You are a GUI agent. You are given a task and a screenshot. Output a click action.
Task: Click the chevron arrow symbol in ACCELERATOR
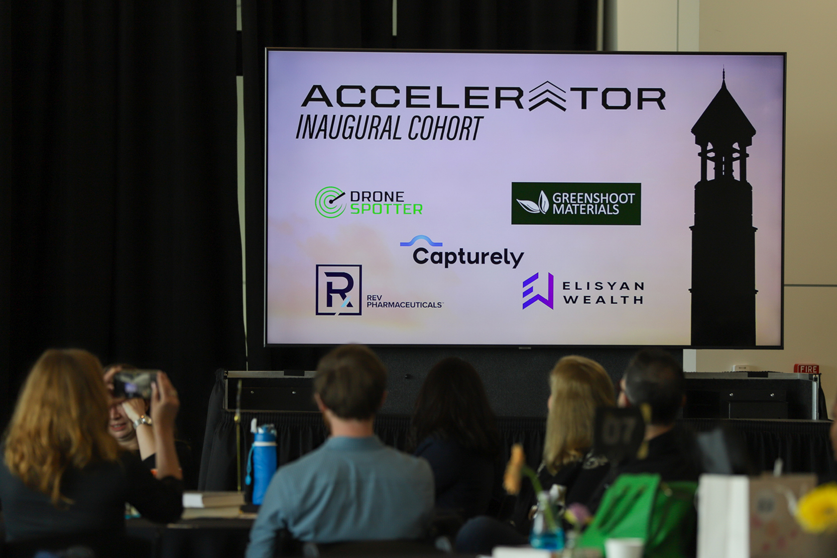point(547,96)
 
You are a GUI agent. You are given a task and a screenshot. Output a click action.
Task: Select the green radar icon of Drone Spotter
point(330,202)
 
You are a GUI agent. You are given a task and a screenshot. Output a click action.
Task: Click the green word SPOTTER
point(386,209)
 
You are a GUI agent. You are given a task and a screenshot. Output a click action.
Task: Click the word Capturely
point(468,257)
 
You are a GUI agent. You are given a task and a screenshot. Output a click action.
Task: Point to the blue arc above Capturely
point(421,241)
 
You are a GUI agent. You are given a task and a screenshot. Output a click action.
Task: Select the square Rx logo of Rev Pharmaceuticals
point(338,290)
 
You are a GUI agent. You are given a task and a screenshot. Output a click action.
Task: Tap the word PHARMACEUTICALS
point(404,305)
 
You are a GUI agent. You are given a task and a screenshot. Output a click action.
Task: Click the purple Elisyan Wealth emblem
point(538,291)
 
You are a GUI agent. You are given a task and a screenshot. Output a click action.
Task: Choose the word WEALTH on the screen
point(603,300)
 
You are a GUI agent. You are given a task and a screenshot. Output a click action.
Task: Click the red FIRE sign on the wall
point(806,369)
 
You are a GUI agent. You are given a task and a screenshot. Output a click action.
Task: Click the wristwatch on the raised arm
point(142,421)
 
